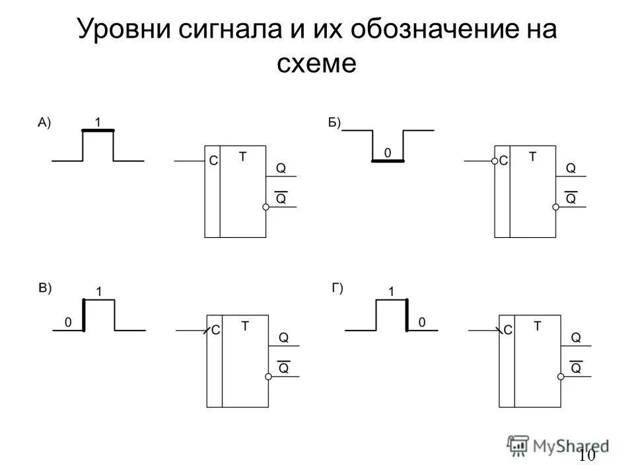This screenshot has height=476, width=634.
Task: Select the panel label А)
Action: point(44,122)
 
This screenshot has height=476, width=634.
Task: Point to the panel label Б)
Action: point(334,122)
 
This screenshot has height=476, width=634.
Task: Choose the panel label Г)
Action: point(337,288)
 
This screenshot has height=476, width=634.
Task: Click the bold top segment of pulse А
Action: point(98,131)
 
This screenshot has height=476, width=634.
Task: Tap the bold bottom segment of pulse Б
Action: point(388,161)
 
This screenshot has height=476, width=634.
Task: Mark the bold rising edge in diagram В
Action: point(84,315)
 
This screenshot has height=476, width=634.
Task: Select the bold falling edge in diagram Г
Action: point(406,315)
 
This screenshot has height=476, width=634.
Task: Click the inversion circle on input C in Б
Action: point(493,161)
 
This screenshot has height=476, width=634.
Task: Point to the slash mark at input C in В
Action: point(206,330)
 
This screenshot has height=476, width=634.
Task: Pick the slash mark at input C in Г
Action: point(497,329)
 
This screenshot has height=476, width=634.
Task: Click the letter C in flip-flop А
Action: point(213,161)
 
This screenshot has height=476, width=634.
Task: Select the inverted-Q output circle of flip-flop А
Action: point(265,207)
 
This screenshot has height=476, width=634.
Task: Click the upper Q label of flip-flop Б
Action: point(571,169)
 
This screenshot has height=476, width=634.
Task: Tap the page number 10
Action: point(586,456)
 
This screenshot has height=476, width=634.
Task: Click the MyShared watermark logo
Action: point(558,446)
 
